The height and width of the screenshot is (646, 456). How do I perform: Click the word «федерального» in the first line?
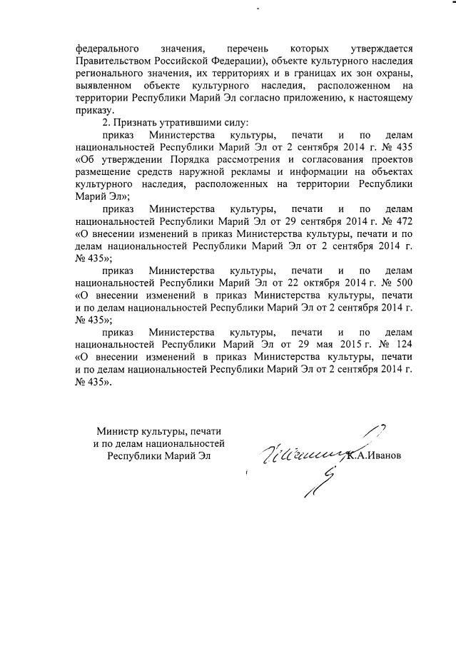coord(106,49)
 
